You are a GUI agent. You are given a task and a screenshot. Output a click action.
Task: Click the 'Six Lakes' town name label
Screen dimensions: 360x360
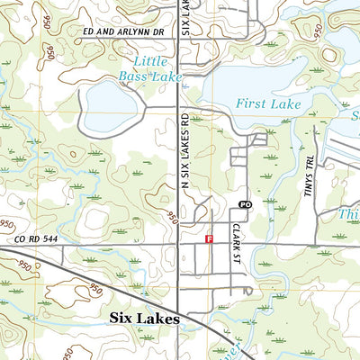click(x=144, y=319)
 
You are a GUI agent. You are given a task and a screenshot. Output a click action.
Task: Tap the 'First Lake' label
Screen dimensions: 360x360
click(x=268, y=104)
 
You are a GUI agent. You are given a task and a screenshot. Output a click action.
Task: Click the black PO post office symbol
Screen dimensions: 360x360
click(x=244, y=204)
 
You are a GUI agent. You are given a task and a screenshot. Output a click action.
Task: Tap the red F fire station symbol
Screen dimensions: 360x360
click(x=210, y=239)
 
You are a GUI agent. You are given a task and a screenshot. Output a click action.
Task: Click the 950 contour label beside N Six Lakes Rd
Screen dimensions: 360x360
click(x=170, y=216)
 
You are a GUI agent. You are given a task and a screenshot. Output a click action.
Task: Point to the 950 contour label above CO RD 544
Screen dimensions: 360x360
click(x=8, y=223)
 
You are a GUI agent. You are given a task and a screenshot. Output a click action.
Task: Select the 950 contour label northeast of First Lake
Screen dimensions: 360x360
click(x=316, y=32)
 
